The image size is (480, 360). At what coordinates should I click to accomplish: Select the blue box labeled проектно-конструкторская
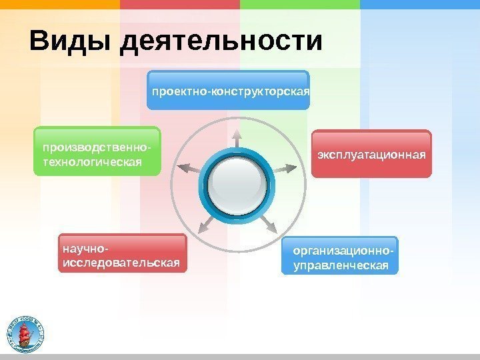point(229,89)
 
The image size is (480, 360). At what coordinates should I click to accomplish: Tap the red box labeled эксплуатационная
point(371,154)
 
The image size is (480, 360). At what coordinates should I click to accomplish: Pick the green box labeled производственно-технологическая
point(97,151)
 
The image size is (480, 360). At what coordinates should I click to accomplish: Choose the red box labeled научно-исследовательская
point(123,254)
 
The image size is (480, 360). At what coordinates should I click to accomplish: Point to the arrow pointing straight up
point(236,137)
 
